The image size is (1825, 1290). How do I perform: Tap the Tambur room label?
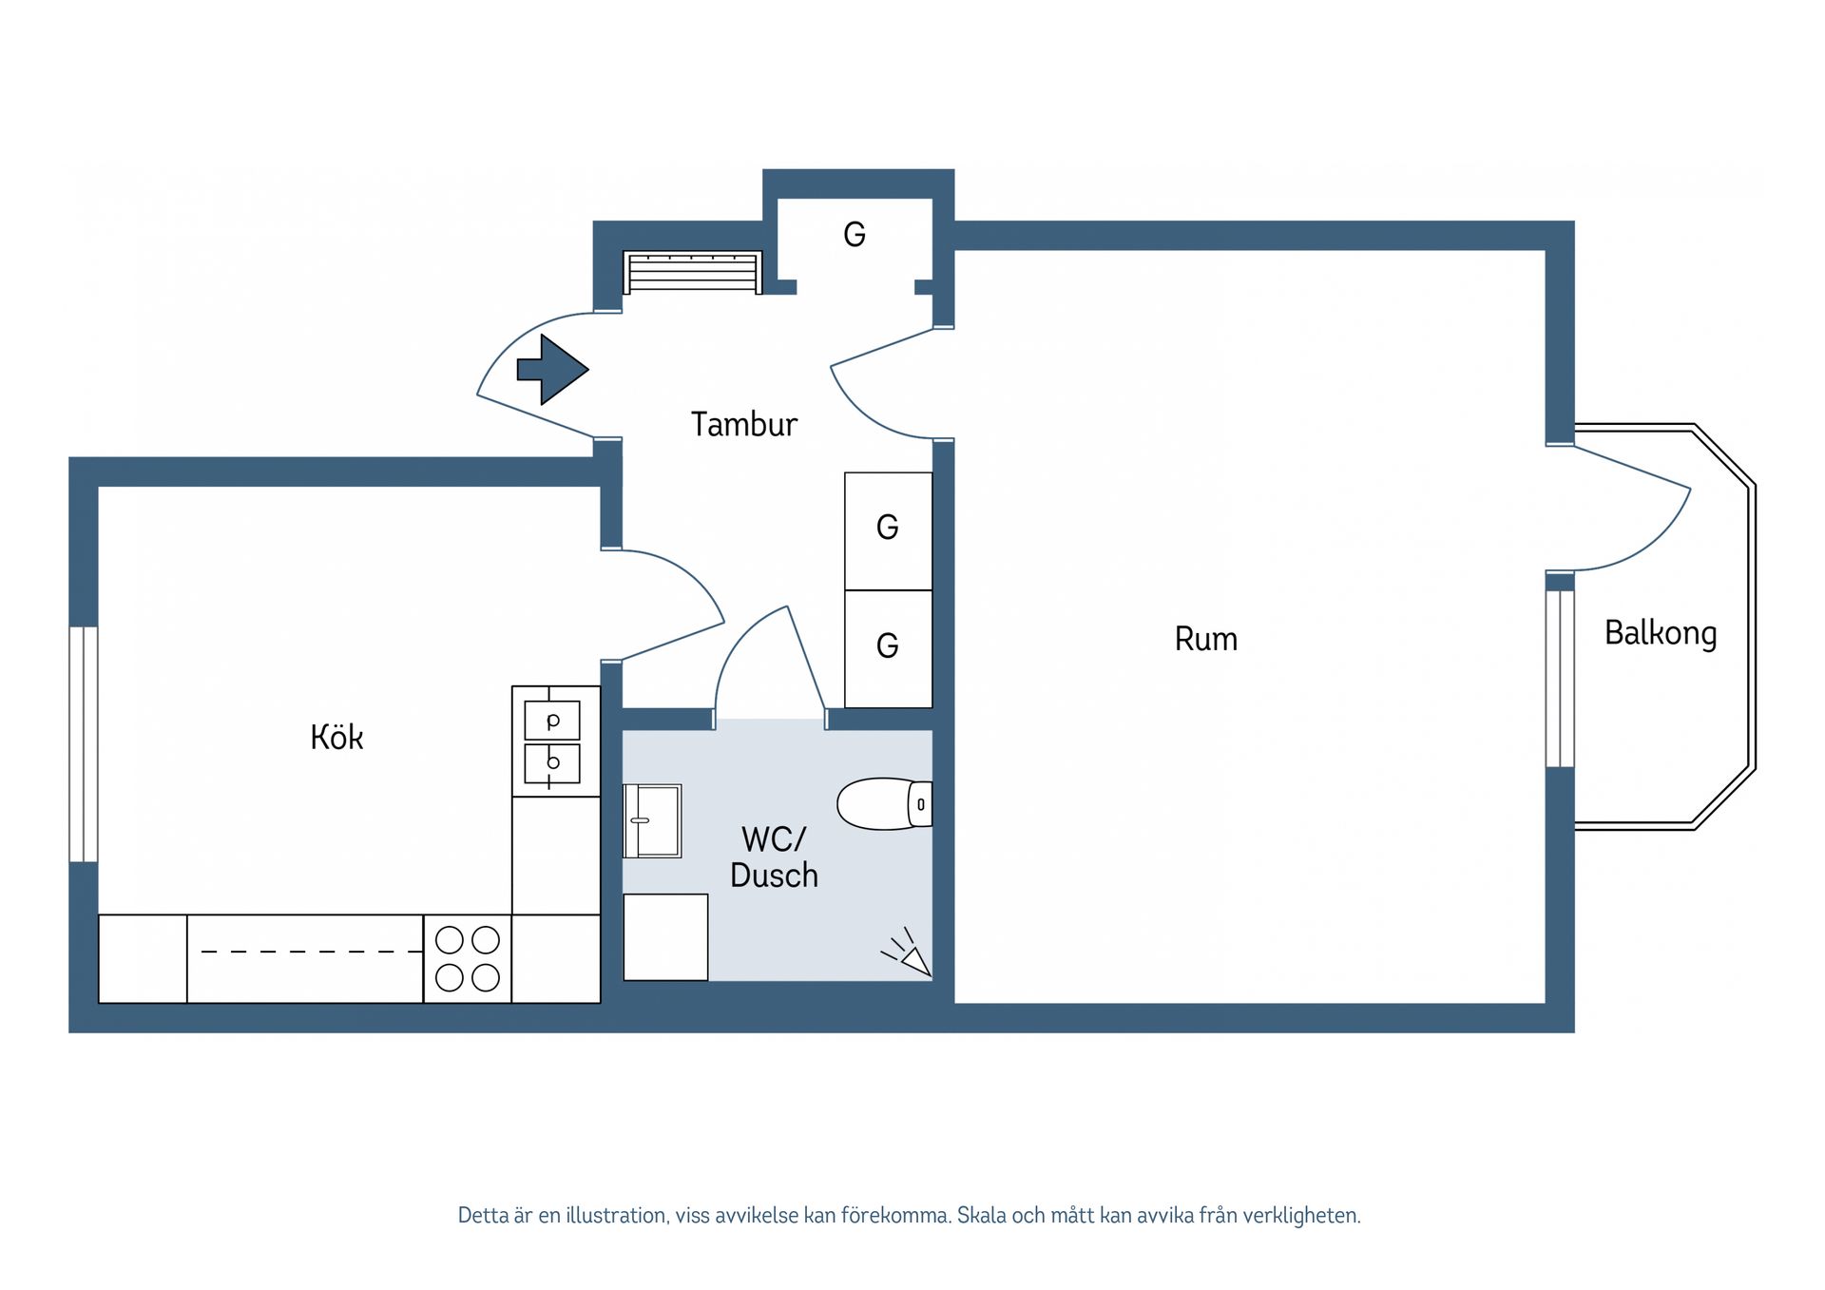click(x=743, y=424)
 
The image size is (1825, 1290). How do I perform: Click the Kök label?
click(x=336, y=737)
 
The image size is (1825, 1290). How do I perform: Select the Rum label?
click(x=1205, y=639)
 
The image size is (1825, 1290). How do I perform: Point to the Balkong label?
click(x=1660, y=633)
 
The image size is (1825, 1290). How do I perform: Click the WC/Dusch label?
click(x=774, y=857)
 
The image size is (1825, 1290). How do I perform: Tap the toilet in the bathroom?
click(x=883, y=804)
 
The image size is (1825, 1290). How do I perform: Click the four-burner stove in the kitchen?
click(x=467, y=958)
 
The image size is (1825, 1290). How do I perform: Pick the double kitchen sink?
click(x=552, y=741)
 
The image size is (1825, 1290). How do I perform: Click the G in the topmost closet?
click(x=854, y=234)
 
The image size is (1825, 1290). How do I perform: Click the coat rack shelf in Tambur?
click(x=692, y=272)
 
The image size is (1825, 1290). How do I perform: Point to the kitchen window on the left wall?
click(x=84, y=743)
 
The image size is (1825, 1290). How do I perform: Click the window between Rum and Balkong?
click(x=1560, y=678)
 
